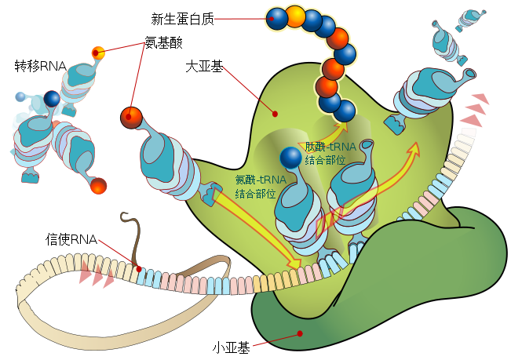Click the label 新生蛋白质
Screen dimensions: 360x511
(x=182, y=16)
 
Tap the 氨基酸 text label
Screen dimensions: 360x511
(x=163, y=44)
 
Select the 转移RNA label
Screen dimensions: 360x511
(x=40, y=65)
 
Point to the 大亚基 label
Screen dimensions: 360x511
(x=204, y=67)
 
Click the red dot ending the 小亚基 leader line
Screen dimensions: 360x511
(x=300, y=334)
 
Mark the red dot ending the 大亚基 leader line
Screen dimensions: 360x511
(x=275, y=114)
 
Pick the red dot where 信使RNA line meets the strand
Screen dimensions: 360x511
(x=139, y=269)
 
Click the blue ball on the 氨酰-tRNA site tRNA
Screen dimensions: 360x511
(x=290, y=158)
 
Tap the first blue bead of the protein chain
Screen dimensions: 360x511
(x=276, y=17)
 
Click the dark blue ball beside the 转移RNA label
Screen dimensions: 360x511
(x=52, y=98)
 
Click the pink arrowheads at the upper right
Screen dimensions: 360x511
(x=474, y=110)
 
